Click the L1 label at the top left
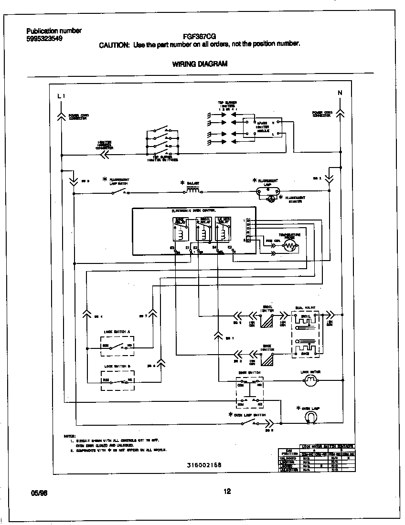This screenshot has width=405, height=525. point(61,96)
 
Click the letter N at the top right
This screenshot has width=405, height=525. point(340,93)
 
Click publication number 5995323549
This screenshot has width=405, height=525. point(44,39)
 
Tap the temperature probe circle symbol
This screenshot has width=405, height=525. point(289,246)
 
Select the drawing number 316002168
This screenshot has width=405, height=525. point(204,464)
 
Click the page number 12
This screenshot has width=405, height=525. point(227,491)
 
